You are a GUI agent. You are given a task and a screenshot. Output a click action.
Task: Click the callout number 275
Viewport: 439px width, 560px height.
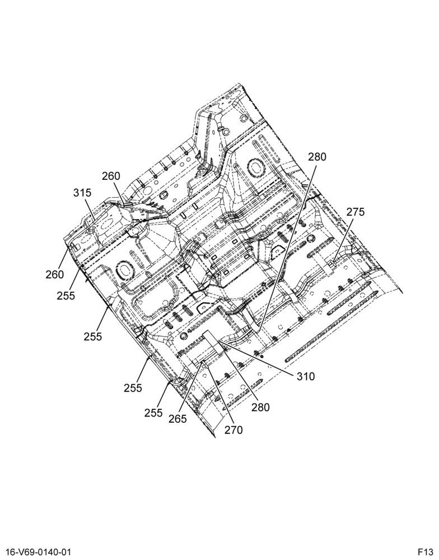click(356, 212)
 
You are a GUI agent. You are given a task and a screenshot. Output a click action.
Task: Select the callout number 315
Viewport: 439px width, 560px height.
click(82, 193)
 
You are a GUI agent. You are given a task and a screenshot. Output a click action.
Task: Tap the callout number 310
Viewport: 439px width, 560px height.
click(306, 376)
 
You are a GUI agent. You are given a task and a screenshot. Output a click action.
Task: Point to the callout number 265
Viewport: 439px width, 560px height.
click(178, 418)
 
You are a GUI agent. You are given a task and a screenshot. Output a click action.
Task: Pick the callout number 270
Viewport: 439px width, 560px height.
click(233, 430)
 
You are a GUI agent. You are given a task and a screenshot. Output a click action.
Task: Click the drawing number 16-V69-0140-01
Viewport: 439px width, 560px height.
click(36, 552)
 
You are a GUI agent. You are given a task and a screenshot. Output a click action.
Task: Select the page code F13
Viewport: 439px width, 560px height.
click(426, 552)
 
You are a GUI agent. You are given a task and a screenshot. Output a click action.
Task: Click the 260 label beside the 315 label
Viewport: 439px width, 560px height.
click(111, 176)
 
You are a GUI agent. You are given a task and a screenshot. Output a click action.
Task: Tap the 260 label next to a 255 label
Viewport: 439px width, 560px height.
click(55, 274)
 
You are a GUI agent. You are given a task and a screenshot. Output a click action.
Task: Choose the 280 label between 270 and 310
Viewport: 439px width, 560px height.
click(260, 407)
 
